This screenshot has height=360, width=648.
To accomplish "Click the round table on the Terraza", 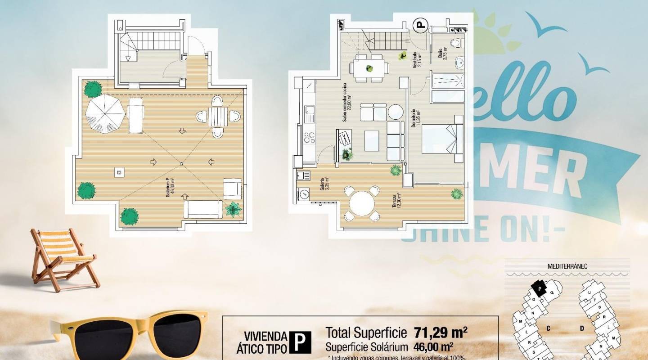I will [362, 203].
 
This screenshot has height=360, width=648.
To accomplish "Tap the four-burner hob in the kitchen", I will [310, 136].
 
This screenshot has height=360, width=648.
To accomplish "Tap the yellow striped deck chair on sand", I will [63, 256].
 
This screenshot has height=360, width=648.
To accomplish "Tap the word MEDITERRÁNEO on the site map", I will [567, 266].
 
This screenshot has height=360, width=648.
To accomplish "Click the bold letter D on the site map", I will [582, 328].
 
